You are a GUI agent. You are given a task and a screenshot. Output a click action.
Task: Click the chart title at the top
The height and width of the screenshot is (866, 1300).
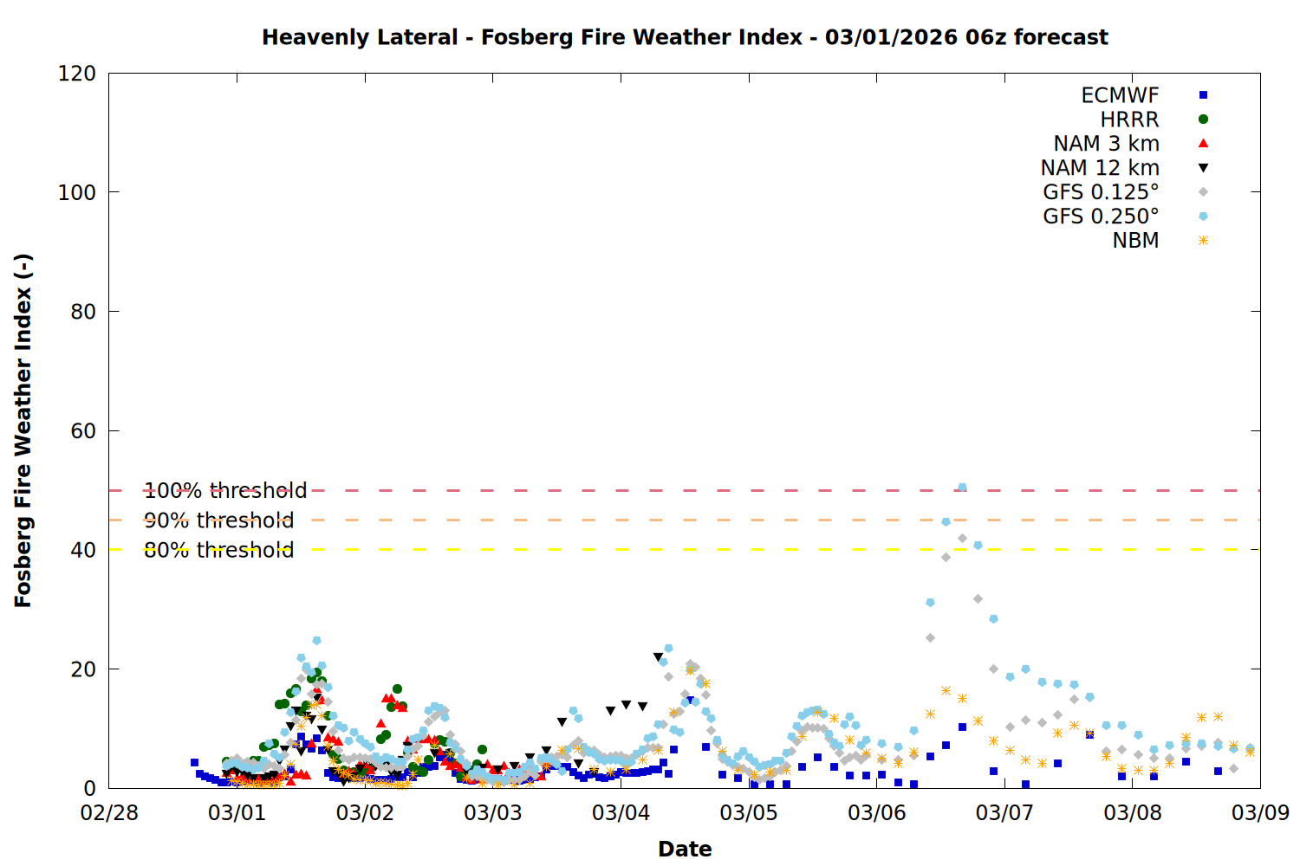pos(685,37)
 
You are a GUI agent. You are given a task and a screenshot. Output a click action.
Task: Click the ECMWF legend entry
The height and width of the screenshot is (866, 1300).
pos(1120,95)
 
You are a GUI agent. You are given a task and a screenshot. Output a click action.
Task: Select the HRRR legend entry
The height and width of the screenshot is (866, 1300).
pos(1129,120)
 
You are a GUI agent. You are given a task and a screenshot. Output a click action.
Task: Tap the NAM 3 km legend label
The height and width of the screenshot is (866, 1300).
pos(1106,144)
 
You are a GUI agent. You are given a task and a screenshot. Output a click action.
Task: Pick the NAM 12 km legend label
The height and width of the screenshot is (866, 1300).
pos(1100,168)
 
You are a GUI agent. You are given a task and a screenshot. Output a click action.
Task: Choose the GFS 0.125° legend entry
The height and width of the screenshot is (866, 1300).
pos(1101,192)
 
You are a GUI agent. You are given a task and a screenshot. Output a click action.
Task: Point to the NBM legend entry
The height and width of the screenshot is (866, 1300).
pos(1135,241)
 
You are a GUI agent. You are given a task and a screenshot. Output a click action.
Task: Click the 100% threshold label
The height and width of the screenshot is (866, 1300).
pos(225,491)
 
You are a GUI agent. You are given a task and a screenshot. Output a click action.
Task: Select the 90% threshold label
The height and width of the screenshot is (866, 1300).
pos(218,520)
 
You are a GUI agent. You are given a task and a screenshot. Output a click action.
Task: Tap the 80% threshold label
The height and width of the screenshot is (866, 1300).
pos(218,550)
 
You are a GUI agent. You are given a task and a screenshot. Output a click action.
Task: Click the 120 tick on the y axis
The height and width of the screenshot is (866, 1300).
pos(77,74)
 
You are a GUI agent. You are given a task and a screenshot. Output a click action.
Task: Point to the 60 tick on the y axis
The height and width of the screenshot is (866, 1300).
pos(83,431)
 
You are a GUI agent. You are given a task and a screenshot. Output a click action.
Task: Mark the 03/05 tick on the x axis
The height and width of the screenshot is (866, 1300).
pos(749,813)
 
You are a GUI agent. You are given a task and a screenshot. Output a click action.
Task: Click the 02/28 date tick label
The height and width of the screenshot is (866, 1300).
pos(109,813)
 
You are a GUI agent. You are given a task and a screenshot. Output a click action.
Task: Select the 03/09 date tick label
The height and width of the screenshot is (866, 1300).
pos(1260,813)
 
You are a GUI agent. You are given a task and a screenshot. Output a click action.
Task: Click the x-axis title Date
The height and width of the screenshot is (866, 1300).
pos(685,849)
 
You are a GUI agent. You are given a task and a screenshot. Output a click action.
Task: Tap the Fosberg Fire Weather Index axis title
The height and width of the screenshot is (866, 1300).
pos(23,430)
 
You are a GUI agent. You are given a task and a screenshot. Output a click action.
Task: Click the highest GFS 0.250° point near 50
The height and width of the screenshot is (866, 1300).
pos(962,488)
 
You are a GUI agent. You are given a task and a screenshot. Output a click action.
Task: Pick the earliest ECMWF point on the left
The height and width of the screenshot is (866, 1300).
pos(194,763)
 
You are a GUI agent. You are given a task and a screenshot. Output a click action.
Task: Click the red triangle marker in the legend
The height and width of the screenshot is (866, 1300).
pos(1203,144)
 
